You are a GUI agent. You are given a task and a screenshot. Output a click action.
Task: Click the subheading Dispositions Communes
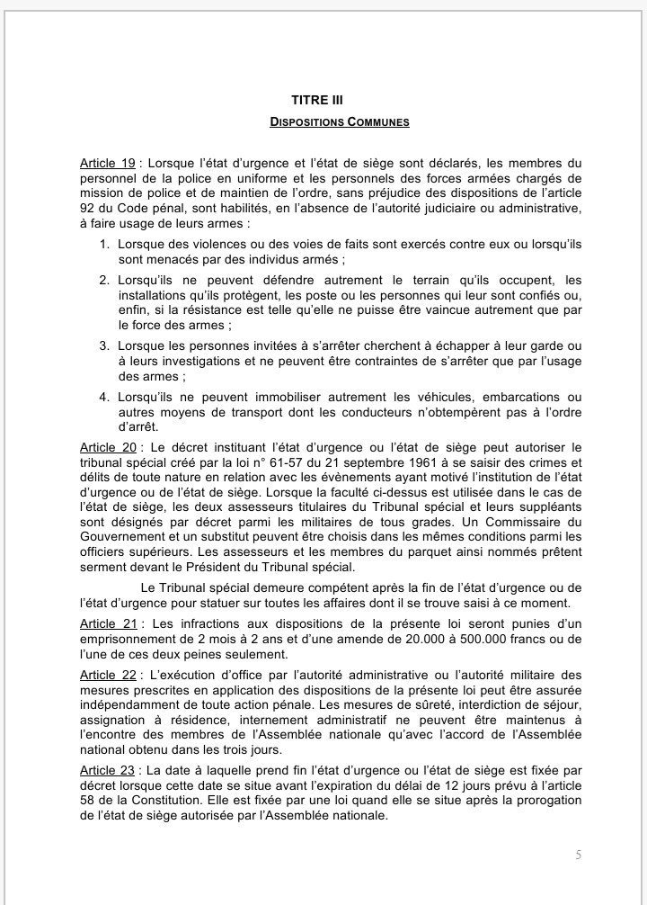(340, 121)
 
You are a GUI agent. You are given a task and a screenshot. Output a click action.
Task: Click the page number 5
(577, 856)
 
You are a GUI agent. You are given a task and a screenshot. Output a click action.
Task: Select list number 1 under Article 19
(104, 244)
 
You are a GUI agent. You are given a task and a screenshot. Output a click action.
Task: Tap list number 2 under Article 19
(104, 281)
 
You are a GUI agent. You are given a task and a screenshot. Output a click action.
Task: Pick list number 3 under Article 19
(104, 345)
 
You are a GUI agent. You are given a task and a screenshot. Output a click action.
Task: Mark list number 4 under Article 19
(104, 397)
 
